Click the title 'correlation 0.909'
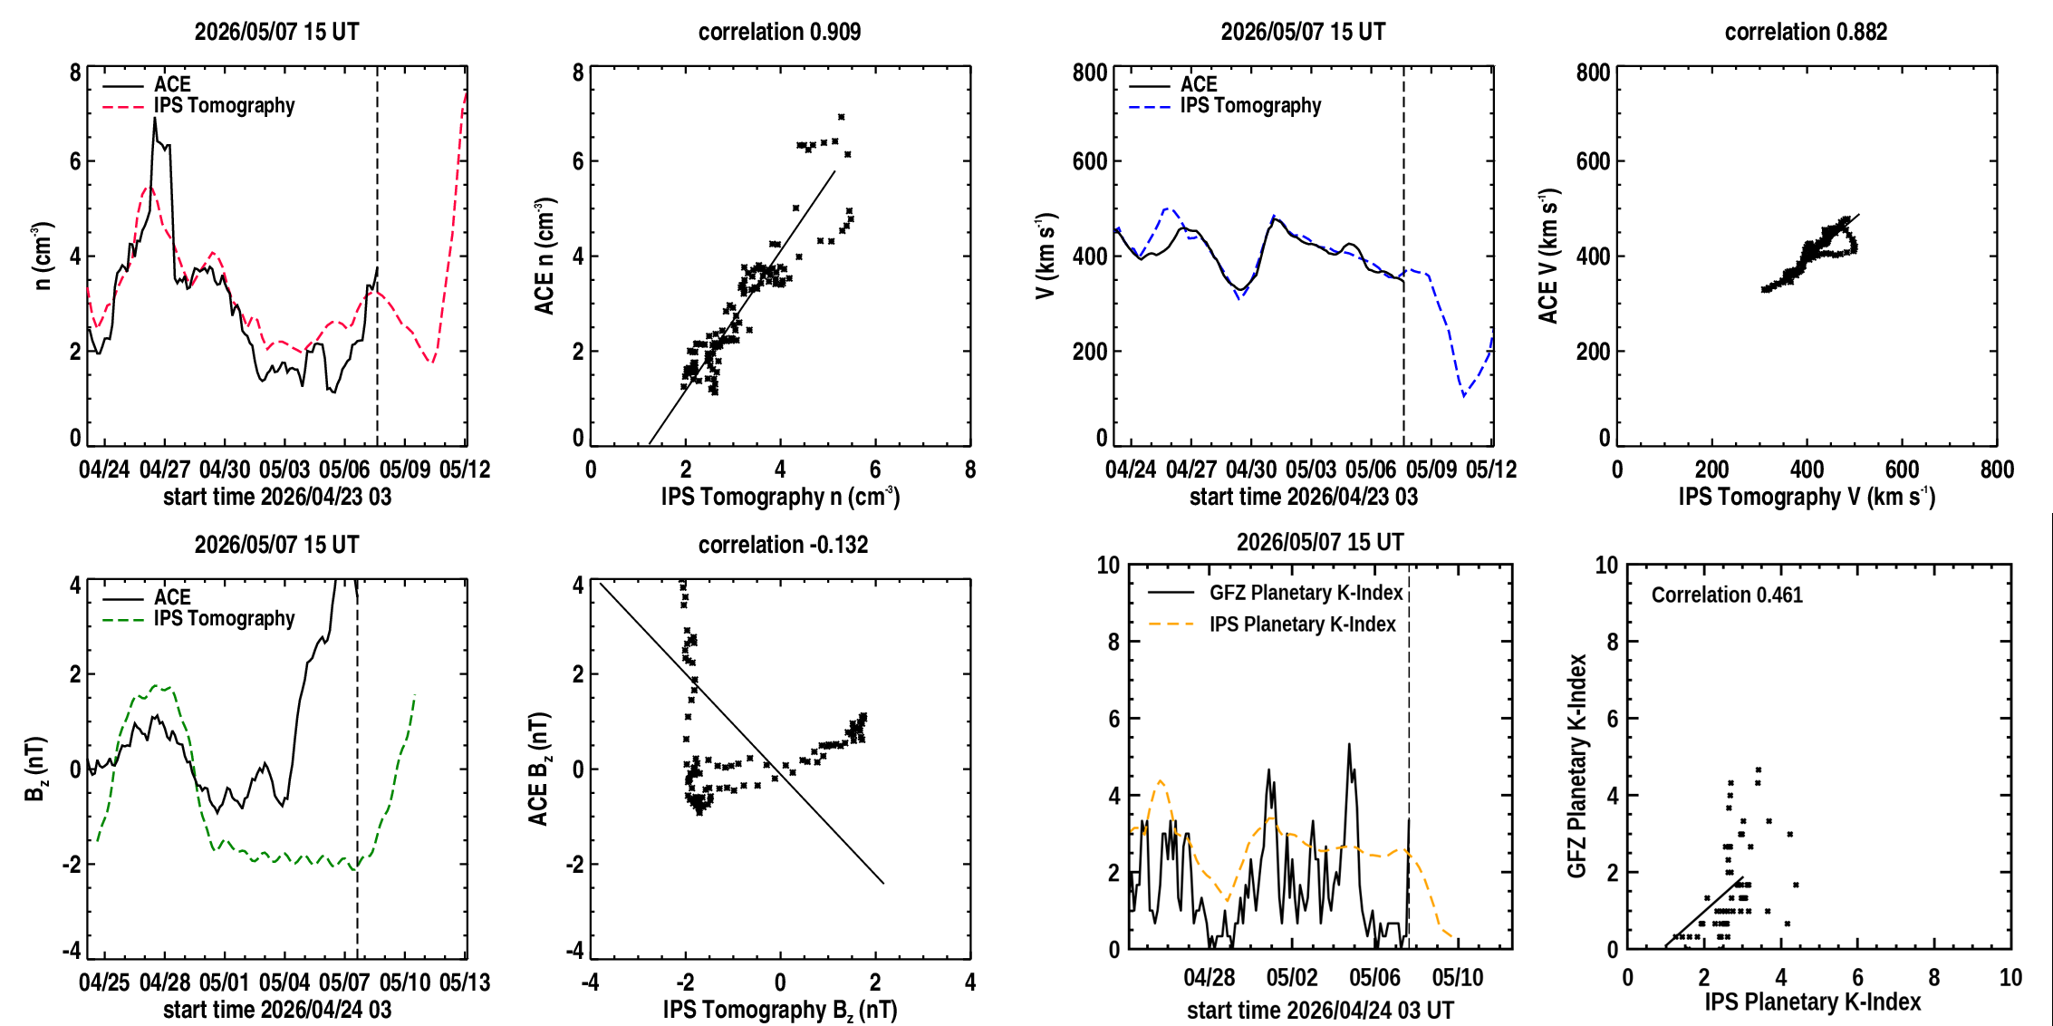click(779, 32)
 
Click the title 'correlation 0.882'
click(1806, 32)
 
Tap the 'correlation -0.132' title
click(783, 545)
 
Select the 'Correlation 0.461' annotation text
click(1727, 595)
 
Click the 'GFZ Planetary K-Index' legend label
click(1306, 593)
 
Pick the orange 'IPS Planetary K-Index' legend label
click(1303, 624)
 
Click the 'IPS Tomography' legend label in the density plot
click(224, 105)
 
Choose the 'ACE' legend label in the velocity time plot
click(1199, 84)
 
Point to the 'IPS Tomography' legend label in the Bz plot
click(224, 618)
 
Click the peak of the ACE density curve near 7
click(155, 118)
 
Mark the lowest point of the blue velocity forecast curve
click(1463, 396)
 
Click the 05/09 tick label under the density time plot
click(405, 469)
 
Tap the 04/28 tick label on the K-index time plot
click(1209, 978)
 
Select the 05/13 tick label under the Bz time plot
click(465, 982)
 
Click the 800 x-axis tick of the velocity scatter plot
click(1997, 469)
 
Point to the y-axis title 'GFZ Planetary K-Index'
click(1577, 766)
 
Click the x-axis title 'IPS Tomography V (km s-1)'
click(1807, 497)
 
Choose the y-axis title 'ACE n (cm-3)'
click(545, 256)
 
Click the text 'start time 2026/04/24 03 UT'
click(1320, 1011)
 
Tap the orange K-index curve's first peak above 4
click(1161, 780)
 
